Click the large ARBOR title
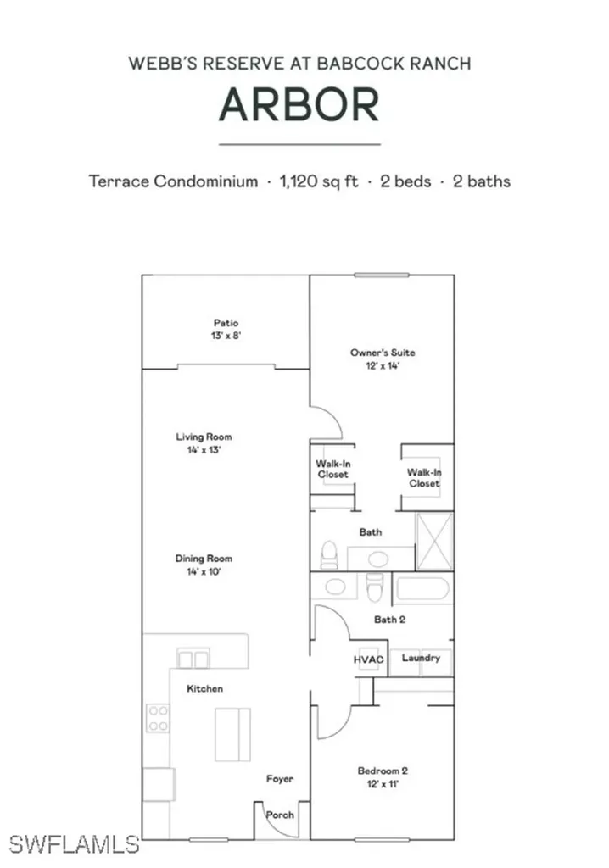(299, 105)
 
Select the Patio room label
(226, 329)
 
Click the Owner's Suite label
(383, 359)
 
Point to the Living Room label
(204, 443)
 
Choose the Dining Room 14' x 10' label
(204, 565)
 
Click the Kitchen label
(204, 688)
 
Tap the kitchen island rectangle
(232, 734)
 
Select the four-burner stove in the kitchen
(158, 718)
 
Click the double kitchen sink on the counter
(193, 658)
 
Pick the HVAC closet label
(369, 659)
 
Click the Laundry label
(421, 659)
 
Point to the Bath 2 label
(389, 620)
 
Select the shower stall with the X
(433, 542)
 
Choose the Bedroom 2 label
(383, 777)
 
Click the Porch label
(280, 815)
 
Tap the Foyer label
(280, 778)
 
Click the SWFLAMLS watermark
(75, 844)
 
